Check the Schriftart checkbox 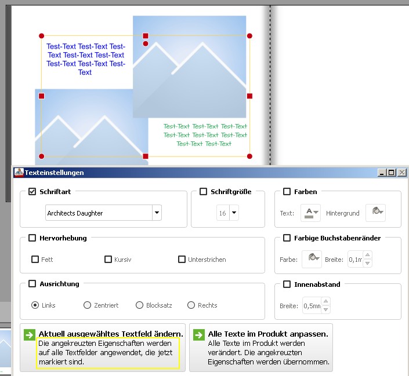(32, 192)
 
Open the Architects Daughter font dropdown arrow (157, 213)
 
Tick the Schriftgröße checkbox (203, 192)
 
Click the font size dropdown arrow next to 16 (234, 213)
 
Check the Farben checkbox (287, 192)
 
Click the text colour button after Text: (310, 213)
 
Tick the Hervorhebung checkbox (32, 238)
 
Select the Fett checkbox (35, 260)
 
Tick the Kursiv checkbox (108, 260)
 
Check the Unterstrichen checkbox (182, 260)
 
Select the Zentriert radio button (87, 305)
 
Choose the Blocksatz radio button (140, 305)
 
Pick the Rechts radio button (191, 305)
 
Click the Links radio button (35, 305)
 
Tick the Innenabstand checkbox (287, 284)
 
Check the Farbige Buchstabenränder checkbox (287, 238)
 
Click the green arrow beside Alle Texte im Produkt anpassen (199, 335)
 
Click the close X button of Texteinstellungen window (402, 173)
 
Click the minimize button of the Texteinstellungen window (382, 173)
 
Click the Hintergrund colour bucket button (375, 213)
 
